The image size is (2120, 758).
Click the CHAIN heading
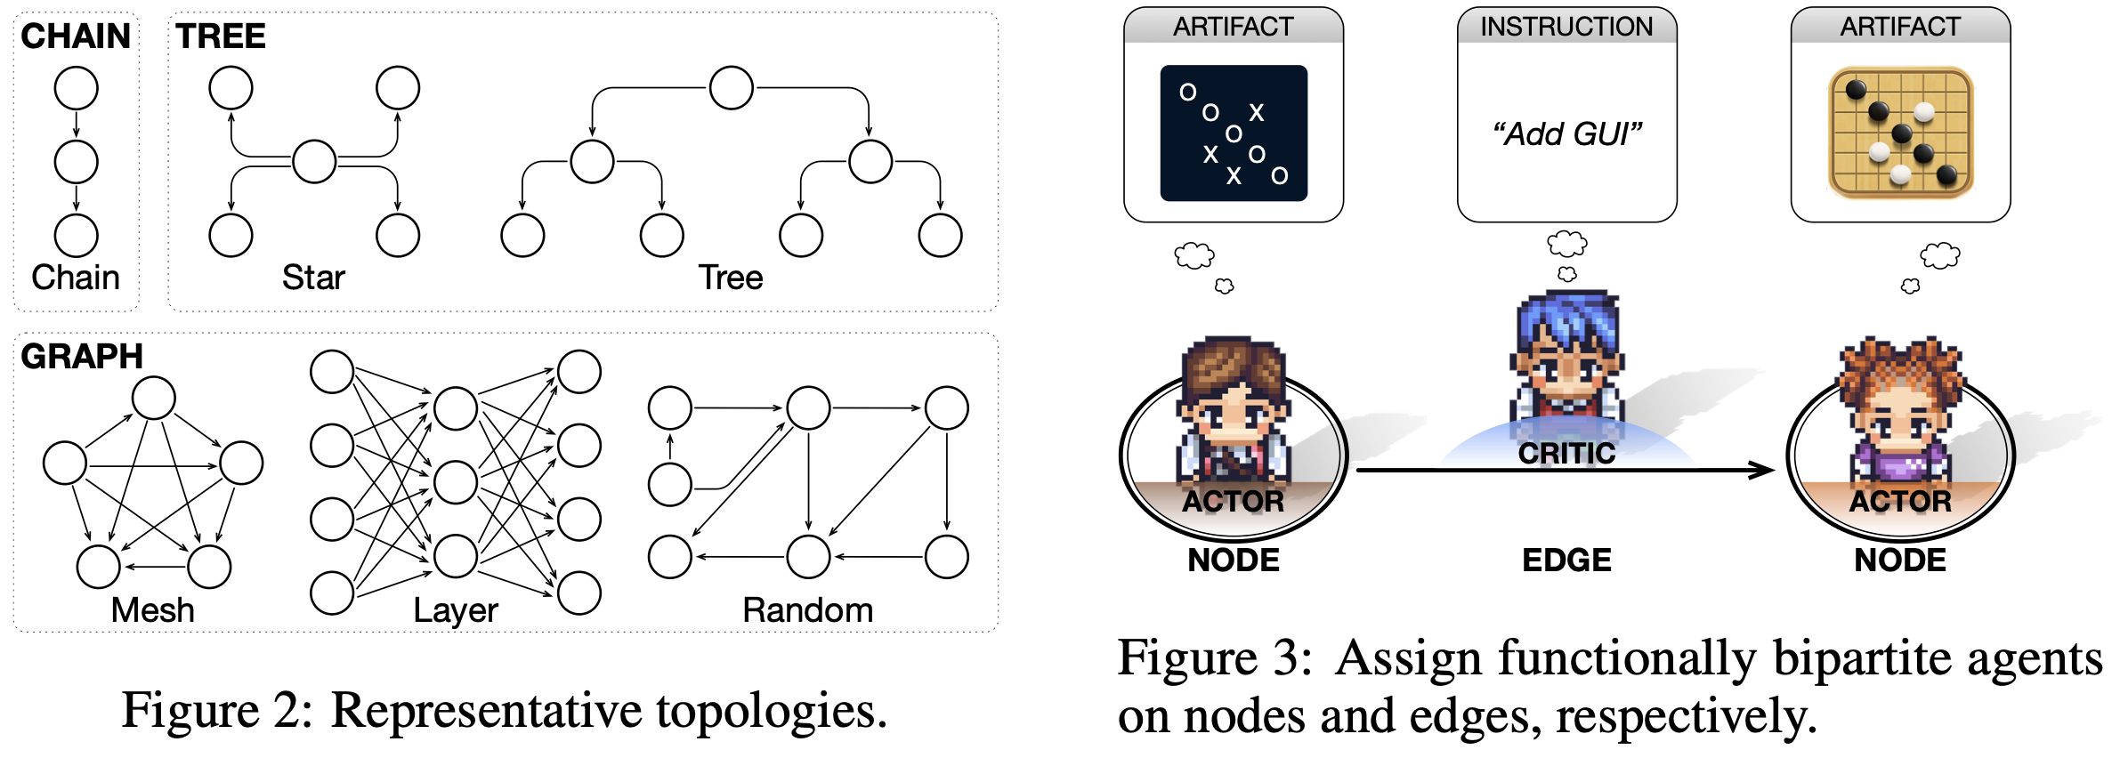(76, 36)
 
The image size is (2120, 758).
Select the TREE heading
(220, 36)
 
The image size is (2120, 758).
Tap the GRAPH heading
(82, 356)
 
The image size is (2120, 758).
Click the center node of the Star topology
(314, 161)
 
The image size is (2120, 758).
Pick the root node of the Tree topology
(731, 88)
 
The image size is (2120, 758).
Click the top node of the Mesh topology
(153, 398)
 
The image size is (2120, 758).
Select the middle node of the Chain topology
(76, 162)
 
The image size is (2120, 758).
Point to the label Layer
(455, 610)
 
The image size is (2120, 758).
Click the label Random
(807, 610)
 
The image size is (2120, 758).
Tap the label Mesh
(152, 610)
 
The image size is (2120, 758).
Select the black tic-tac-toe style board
(1233, 133)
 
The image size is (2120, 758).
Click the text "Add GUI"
(1566, 134)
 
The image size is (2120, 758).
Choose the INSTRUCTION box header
(1566, 27)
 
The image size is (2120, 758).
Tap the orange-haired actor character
(1900, 409)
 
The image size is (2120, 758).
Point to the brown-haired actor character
(1233, 409)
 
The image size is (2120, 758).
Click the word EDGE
(1566, 560)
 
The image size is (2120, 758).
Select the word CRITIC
(1566, 453)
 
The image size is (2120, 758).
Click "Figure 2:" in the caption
(217, 711)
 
